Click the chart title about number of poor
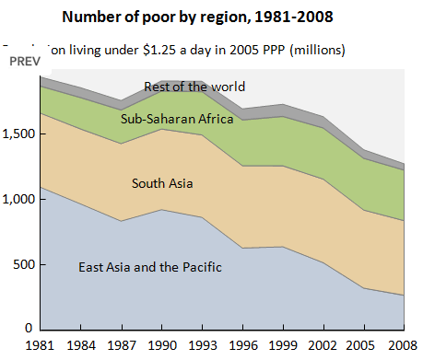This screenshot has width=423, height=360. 212,17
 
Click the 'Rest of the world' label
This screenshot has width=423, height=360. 194,87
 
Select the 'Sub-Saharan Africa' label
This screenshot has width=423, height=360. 177,118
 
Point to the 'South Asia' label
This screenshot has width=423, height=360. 162,183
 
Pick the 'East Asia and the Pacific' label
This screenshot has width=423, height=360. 150,268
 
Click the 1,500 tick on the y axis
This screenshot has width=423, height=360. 19,134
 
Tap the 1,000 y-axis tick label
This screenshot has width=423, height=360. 19,199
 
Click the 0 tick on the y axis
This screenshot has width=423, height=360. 29,329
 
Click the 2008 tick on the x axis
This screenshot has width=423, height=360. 402,346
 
